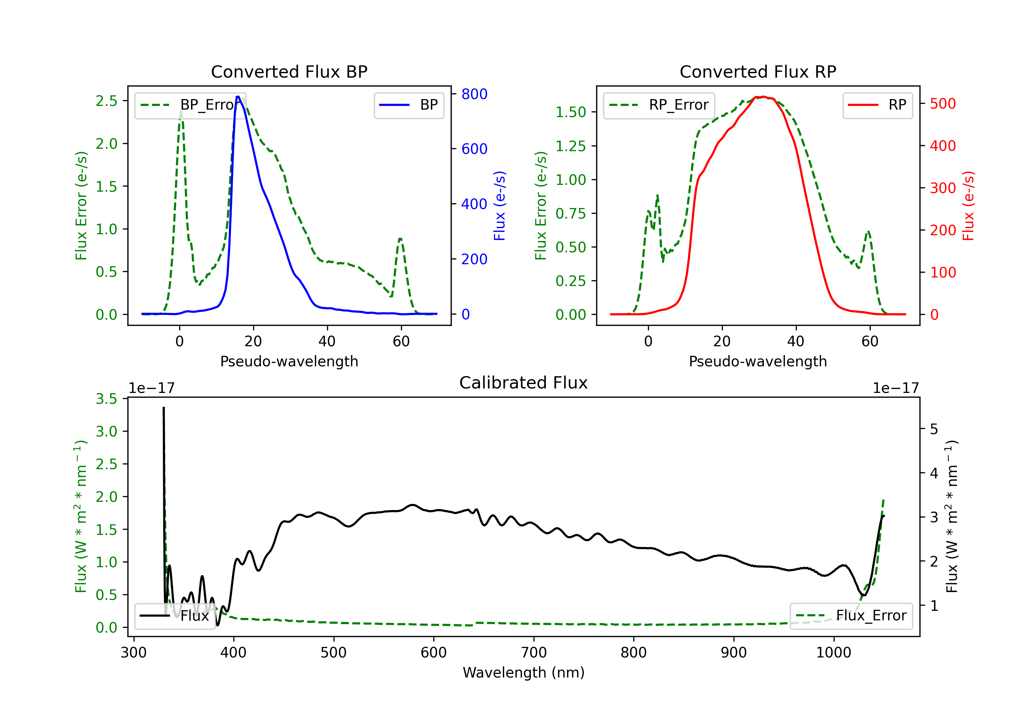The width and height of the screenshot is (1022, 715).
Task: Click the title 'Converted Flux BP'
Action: coord(289,71)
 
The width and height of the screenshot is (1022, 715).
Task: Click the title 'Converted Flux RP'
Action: coord(758,71)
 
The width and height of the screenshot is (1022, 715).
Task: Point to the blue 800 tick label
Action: coord(474,94)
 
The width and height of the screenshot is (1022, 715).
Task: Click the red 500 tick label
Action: coord(943,104)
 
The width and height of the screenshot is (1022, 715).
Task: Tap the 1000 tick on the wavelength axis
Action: coord(833,652)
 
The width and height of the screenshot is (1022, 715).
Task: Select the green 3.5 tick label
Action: coord(106,399)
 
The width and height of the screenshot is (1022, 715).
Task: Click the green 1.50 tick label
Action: coord(570,112)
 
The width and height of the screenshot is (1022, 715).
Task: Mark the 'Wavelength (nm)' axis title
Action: coord(524,672)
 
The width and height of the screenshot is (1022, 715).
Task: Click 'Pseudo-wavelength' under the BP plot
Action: coord(289,361)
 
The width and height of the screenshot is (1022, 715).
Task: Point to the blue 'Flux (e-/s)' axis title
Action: coord(499,206)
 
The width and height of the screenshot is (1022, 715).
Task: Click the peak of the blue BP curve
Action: coord(238,97)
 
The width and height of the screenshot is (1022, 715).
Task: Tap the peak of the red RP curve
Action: coord(763,97)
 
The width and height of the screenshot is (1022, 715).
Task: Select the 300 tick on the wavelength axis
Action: coord(134,652)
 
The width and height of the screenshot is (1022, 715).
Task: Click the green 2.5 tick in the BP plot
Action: coord(106,101)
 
